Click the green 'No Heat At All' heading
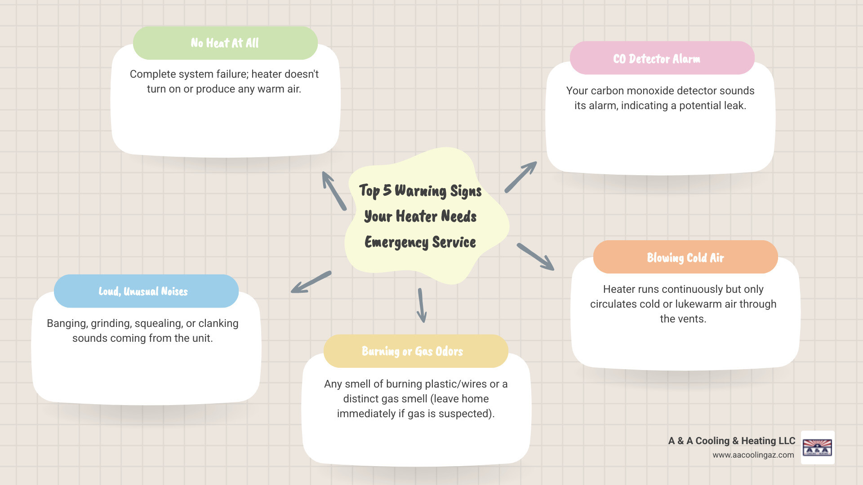[225, 43]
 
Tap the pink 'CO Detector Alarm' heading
[657, 59]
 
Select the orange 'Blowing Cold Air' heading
[685, 258]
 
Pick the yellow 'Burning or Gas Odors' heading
[412, 351]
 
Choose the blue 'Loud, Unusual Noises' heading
[143, 291]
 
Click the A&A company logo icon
[817, 447]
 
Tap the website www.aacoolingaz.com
[753, 455]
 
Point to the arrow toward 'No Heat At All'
[334, 190]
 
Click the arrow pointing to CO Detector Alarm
[521, 177]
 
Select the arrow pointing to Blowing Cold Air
[536, 257]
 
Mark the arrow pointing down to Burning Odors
[421, 305]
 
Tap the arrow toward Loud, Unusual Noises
[311, 282]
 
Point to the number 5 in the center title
[387, 190]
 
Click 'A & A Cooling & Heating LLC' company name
[731, 441]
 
